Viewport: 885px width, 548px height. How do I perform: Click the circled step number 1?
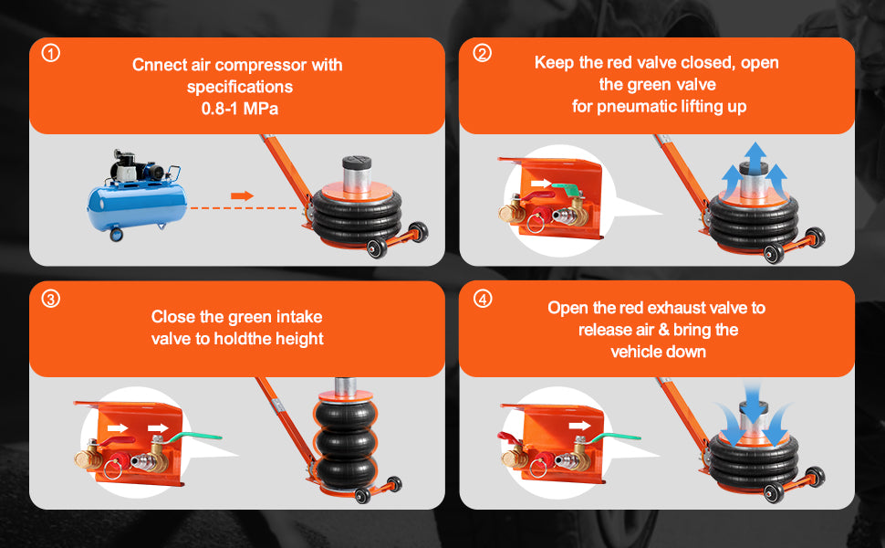click(51, 54)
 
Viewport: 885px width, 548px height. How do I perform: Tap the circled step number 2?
click(483, 54)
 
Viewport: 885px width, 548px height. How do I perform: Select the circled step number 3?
click(51, 298)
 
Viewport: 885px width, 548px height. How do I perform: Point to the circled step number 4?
click(483, 298)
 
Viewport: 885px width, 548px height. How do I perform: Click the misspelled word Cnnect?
click(156, 66)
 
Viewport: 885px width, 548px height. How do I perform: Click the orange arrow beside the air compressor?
click(241, 195)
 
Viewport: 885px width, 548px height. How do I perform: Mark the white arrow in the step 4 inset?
click(578, 425)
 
